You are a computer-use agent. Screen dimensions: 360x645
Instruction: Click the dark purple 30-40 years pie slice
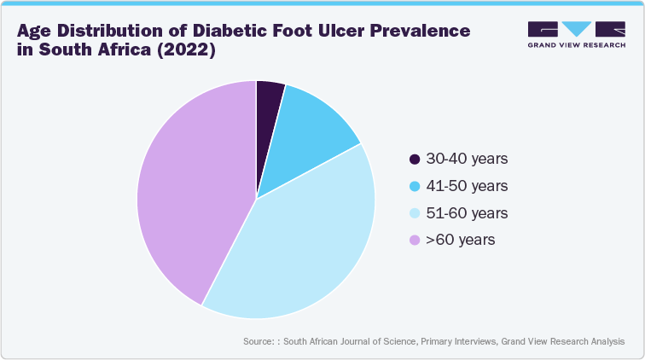tap(268, 102)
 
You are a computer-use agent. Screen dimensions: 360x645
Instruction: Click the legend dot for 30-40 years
tap(415, 159)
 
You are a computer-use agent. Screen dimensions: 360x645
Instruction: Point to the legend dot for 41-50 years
tap(415, 186)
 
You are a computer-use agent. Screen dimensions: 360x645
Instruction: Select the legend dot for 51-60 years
tap(415, 213)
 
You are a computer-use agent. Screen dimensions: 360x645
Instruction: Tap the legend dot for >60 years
tap(415, 241)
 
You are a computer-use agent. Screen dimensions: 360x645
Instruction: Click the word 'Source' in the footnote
tap(258, 341)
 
